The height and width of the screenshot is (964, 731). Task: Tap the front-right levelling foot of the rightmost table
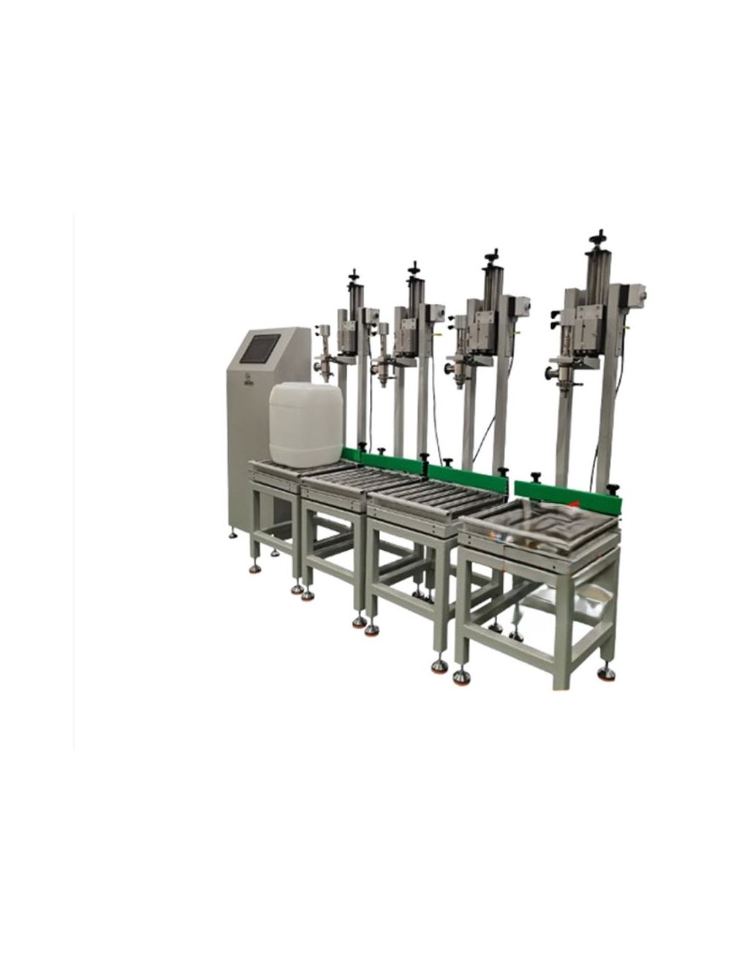pos(605,672)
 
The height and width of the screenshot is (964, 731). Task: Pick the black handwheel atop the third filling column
pos(491,256)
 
